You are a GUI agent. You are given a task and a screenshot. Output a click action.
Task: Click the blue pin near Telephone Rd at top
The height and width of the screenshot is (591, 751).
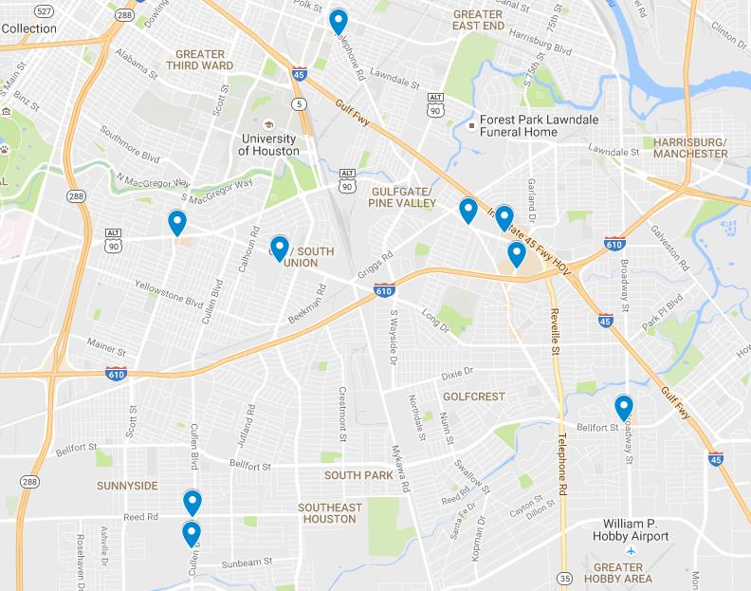[338, 21]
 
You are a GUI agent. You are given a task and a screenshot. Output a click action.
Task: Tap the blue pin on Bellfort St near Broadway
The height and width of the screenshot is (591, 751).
[623, 408]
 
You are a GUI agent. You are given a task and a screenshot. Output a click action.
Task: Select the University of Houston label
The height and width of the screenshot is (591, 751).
[268, 145]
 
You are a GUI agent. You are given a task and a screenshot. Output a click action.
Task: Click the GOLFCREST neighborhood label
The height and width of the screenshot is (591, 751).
[473, 396]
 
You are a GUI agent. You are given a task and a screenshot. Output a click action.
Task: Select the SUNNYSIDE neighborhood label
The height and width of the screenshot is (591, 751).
[127, 485]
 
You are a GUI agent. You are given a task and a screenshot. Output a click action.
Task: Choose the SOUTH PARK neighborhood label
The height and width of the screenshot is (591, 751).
[358, 474]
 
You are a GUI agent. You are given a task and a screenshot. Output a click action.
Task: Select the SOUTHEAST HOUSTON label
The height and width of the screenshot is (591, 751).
[331, 513]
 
